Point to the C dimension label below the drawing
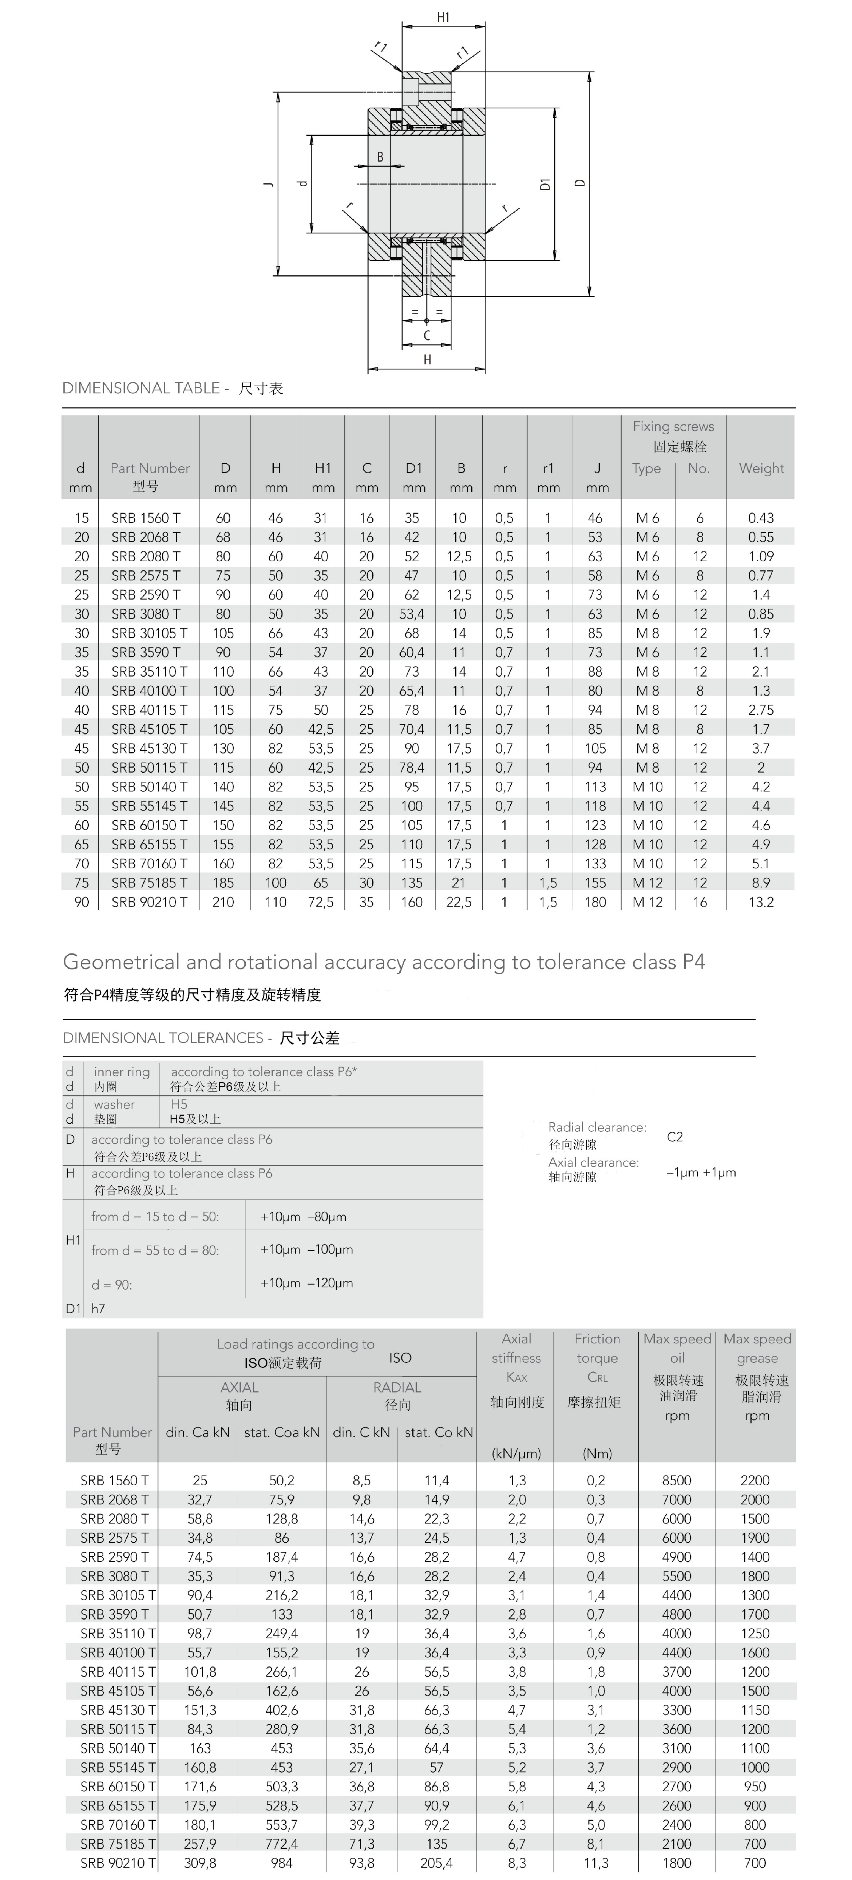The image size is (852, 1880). coord(427,336)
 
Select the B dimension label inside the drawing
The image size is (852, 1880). coord(380,157)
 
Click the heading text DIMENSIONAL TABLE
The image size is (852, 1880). coord(141,388)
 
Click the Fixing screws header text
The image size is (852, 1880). coord(673,426)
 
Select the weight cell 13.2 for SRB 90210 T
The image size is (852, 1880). coord(761,902)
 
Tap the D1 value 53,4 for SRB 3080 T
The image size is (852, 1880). coord(412,614)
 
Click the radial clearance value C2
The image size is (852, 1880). coord(675,1136)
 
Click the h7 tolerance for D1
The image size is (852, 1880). coord(98,1309)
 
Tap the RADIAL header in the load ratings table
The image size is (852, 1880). coord(397,1387)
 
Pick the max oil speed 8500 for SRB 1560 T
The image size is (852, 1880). coord(677,1480)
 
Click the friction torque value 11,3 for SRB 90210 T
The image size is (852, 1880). coord(596,1863)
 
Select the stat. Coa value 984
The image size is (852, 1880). coord(282,1863)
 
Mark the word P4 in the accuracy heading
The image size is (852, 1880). coord(694,962)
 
